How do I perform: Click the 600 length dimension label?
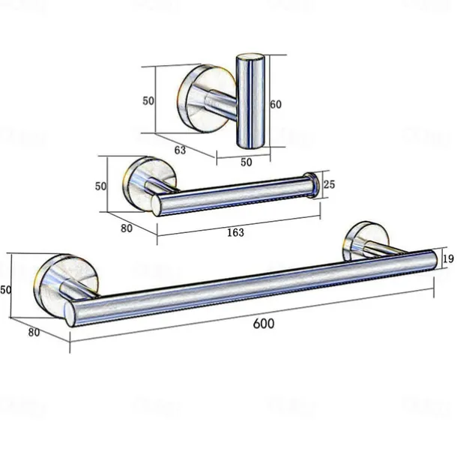[263, 324]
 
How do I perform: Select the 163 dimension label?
[234, 232]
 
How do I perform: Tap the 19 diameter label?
[449, 259]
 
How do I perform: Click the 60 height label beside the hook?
[275, 105]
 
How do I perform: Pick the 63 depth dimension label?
[180, 150]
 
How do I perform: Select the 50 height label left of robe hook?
[148, 100]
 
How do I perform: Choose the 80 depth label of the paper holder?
[126, 228]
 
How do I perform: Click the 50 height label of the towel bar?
[6, 289]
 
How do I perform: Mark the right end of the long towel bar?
[432, 259]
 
